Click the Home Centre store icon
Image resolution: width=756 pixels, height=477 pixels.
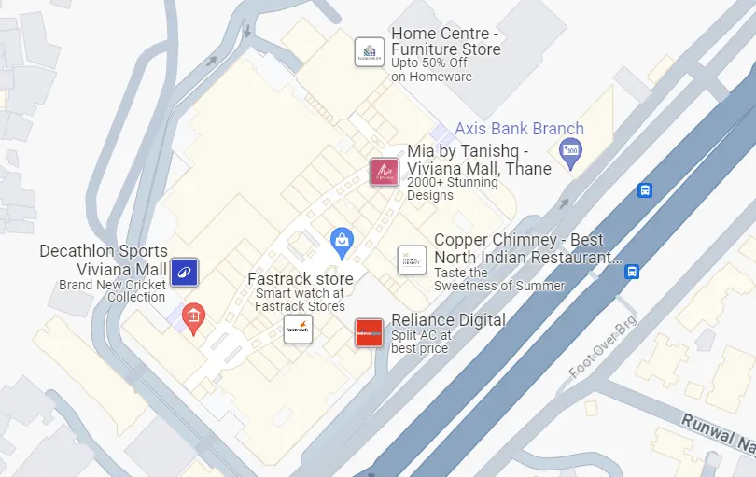(x=370, y=52)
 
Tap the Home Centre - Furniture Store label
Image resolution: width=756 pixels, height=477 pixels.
(x=446, y=41)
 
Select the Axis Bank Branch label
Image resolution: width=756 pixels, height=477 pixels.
(x=519, y=129)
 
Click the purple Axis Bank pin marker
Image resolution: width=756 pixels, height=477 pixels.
(x=569, y=149)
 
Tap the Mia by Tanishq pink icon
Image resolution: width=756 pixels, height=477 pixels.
(x=385, y=173)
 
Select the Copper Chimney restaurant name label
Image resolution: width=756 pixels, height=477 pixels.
(x=527, y=249)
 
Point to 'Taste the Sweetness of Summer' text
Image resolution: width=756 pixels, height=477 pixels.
(x=499, y=279)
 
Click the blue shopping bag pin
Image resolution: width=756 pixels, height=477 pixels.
(x=343, y=242)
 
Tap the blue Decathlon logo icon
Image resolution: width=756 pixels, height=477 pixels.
(x=184, y=272)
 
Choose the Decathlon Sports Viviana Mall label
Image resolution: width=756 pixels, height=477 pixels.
(x=104, y=260)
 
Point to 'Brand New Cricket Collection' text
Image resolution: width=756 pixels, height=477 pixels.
(x=112, y=290)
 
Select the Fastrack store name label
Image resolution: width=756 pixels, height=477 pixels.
(x=300, y=278)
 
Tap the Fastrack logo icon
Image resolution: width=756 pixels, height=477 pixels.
(x=298, y=329)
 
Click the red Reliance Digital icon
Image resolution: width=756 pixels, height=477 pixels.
(x=369, y=333)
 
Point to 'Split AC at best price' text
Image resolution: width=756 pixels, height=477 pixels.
(x=421, y=342)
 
